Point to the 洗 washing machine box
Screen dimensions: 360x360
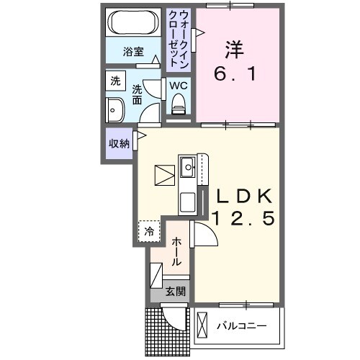tap(114, 81)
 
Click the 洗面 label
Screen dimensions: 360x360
tap(137, 94)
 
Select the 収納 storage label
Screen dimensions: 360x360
tap(119, 143)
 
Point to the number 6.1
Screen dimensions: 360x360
tap(235, 73)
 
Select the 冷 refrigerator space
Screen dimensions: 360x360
tap(149, 232)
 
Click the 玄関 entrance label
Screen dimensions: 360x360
tap(176, 292)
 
